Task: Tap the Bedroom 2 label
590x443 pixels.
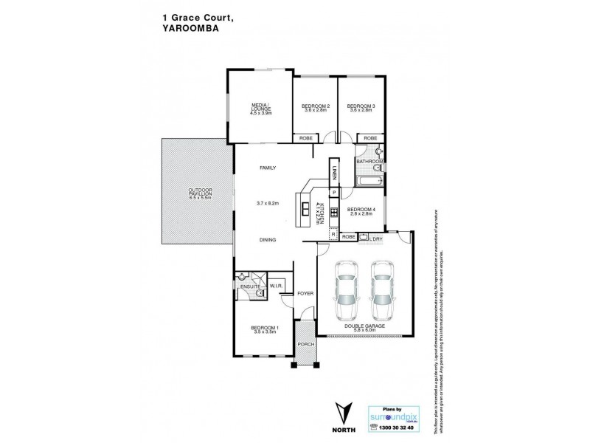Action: pos(315,107)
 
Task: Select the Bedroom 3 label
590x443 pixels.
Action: pos(361,107)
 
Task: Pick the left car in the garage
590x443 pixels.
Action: pos(343,289)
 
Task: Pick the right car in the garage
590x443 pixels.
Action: pos(381,289)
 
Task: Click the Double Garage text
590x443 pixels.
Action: pos(365,325)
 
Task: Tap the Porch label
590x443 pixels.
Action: pos(305,345)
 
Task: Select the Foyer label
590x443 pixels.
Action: pos(305,293)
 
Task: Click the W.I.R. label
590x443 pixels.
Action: pos(277,286)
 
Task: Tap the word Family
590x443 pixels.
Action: pos(267,168)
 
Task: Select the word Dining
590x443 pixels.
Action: pos(267,240)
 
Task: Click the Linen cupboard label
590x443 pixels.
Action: pos(333,174)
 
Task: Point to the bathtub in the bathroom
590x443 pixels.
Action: pos(367,179)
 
